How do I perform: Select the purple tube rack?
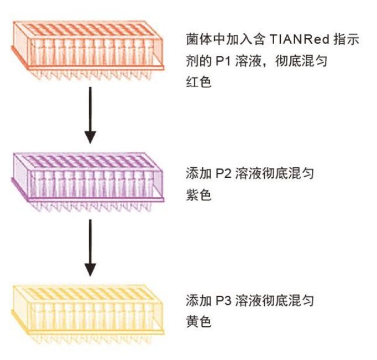coord(88,177)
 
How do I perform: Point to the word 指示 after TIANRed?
coord(347,40)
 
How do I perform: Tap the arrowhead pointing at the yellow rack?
coord(90,269)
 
